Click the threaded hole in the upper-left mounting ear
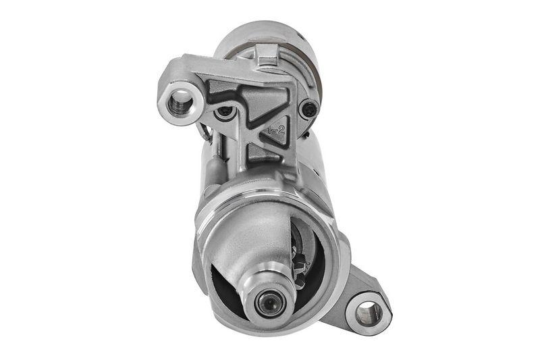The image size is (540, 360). pyautogui.click(x=180, y=103)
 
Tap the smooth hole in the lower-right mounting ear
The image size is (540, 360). pyautogui.click(x=368, y=313)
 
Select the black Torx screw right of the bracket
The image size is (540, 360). pyautogui.click(x=309, y=107)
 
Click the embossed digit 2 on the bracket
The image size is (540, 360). pyautogui.click(x=279, y=128)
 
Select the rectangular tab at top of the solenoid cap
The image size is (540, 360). pyautogui.click(x=267, y=53)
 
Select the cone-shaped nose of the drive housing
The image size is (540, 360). pyautogui.click(x=253, y=236)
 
